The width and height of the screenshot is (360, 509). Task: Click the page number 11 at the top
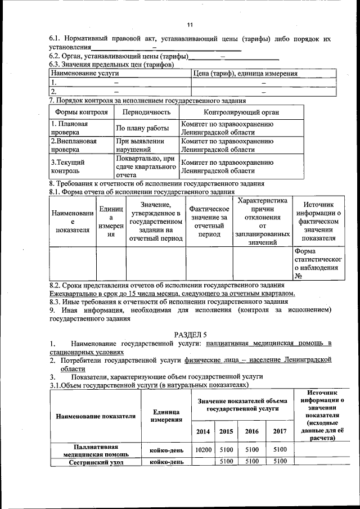tap(190, 25)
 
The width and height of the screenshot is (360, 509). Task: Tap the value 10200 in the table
tap(203, 450)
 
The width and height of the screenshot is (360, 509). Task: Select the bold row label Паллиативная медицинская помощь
tap(95, 450)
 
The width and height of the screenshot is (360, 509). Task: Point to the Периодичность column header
tap(146, 112)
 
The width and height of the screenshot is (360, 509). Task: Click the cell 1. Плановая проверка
tap(69, 128)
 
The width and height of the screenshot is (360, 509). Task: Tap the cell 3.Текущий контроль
tap(69, 166)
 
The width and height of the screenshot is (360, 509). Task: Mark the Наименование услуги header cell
tap(84, 74)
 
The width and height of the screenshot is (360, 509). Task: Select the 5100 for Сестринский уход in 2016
tap(252, 462)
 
